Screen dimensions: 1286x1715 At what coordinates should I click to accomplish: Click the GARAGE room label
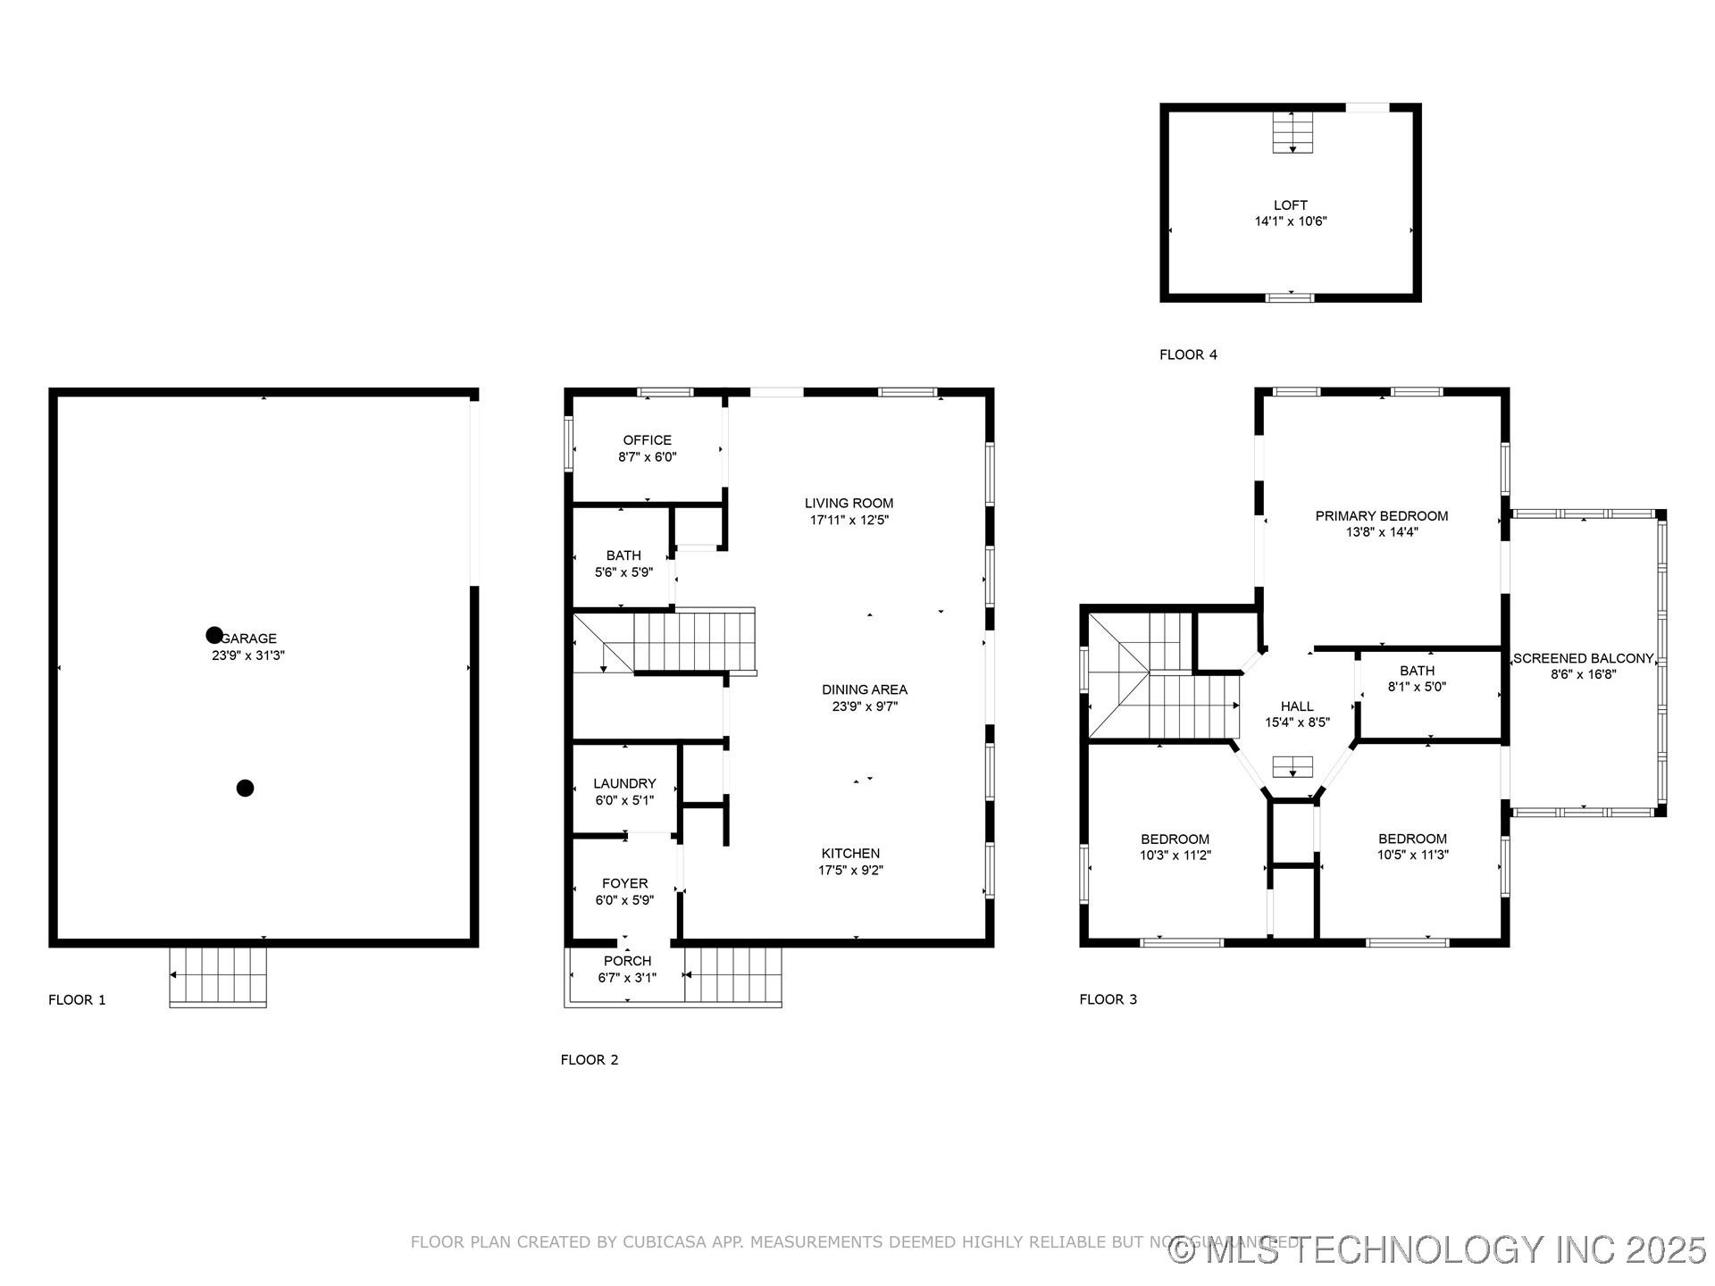[250, 639]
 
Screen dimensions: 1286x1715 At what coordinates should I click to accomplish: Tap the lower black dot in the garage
[245, 788]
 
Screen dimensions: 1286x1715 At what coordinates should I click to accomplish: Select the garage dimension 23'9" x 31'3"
[242, 656]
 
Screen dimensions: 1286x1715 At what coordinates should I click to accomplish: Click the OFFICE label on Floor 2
[648, 440]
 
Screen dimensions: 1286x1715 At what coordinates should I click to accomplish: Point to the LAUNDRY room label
[624, 783]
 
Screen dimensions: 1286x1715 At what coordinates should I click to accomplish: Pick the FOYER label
[624, 883]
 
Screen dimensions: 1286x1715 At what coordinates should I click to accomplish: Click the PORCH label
[627, 961]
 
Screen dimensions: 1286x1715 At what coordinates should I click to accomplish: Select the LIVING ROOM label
[849, 504]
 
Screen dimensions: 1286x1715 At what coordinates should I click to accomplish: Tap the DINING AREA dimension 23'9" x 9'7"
[865, 706]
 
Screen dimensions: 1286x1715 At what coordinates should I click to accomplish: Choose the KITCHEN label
[850, 854]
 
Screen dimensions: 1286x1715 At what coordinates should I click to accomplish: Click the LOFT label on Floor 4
[1291, 205]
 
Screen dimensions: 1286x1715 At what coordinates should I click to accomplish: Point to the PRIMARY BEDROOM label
[1382, 516]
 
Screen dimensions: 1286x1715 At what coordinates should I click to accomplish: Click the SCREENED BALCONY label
[1583, 658]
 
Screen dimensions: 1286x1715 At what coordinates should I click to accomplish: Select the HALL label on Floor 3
[1297, 706]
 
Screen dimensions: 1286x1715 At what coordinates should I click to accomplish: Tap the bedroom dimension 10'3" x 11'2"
[1175, 856]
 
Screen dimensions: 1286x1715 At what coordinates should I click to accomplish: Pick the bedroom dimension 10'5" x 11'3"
[1412, 855]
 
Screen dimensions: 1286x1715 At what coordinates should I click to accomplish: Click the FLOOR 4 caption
[1188, 355]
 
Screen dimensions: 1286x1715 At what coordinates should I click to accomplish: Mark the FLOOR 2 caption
[590, 1060]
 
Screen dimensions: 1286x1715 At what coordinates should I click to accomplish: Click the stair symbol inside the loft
[1293, 133]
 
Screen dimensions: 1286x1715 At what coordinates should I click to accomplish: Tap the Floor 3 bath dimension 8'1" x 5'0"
[1417, 687]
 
